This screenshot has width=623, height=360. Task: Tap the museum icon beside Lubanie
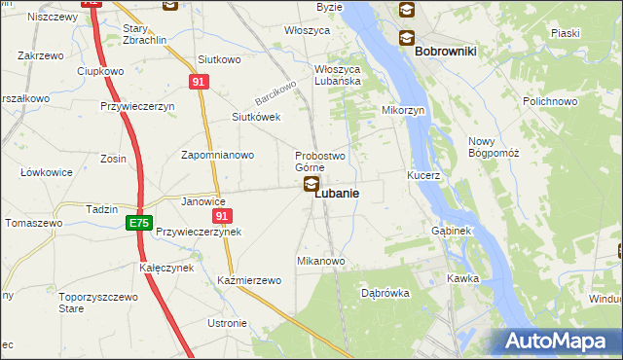[x=311, y=184]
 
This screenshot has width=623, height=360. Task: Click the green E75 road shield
[x=138, y=224]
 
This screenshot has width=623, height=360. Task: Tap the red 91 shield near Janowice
[x=222, y=216]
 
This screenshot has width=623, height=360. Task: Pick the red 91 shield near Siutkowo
[x=199, y=83]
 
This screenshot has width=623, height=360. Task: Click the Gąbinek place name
[x=451, y=232]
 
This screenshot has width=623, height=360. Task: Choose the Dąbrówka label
[x=385, y=292]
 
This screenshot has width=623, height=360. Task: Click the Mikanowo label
[x=321, y=261]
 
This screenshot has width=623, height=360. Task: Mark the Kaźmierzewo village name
[x=249, y=280]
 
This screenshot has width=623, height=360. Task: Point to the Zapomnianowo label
[x=218, y=155]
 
